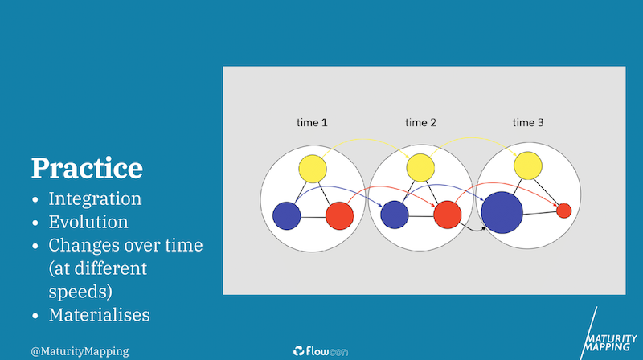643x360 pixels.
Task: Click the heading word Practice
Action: click(x=87, y=169)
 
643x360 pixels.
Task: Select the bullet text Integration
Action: click(x=95, y=198)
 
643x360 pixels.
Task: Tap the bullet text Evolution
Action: click(x=88, y=222)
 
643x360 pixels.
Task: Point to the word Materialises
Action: click(x=99, y=315)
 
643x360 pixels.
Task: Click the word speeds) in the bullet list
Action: click(x=80, y=292)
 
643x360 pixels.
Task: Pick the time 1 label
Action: click(x=312, y=123)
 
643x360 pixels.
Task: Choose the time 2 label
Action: click(x=420, y=123)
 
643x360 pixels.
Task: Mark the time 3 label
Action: click(x=528, y=123)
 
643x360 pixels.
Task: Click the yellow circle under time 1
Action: click(x=313, y=169)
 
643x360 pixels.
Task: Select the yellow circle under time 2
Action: click(x=420, y=168)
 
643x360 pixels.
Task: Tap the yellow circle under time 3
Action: click(x=528, y=166)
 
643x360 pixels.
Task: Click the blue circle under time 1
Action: click(x=287, y=215)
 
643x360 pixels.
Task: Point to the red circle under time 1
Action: click(x=339, y=215)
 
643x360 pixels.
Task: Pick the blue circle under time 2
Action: click(x=395, y=215)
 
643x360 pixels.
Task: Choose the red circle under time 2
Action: click(x=448, y=215)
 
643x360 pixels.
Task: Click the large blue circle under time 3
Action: click(x=502, y=212)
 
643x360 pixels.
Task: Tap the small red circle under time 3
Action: click(x=564, y=211)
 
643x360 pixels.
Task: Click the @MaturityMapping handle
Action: click(x=80, y=351)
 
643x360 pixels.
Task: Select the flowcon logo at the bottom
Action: click(x=321, y=351)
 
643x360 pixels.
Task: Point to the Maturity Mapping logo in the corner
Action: click(x=608, y=336)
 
